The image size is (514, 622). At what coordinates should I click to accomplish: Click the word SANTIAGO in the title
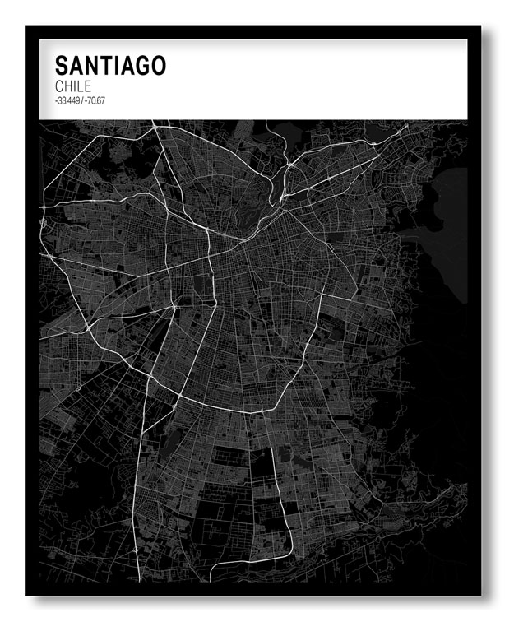110,65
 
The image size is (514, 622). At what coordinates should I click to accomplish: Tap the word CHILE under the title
72,86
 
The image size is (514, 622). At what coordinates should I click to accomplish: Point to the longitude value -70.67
95,100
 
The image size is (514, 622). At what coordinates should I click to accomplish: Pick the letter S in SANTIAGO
62,65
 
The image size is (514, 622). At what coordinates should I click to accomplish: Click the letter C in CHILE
59,86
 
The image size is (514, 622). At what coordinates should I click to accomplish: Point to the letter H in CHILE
68,86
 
